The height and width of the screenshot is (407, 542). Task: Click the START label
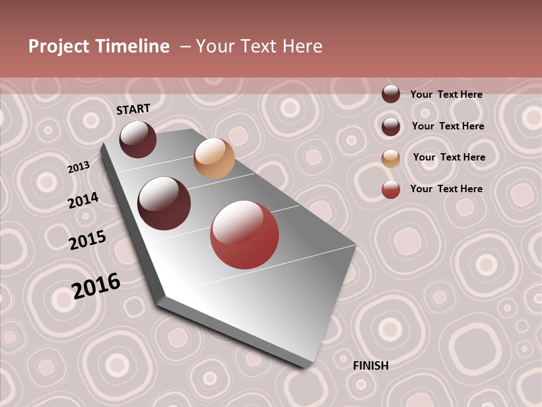point(133,109)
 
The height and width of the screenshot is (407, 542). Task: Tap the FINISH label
point(370,366)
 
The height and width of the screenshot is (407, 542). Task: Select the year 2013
point(78,167)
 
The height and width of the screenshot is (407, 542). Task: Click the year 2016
point(96,285)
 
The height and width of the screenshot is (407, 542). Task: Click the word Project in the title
point(59,46)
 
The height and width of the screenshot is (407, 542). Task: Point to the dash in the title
point(185,46)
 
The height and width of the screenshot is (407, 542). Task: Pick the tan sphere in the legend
point(391,158)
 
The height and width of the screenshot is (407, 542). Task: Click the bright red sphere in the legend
point(391,189)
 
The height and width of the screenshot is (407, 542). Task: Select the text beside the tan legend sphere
point(449,157)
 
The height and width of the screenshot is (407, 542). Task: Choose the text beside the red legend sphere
point(446,189)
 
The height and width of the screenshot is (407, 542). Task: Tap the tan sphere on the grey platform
point(214,158)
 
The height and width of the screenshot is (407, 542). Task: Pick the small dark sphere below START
point(138,139)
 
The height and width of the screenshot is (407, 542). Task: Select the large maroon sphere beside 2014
point(164,203)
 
